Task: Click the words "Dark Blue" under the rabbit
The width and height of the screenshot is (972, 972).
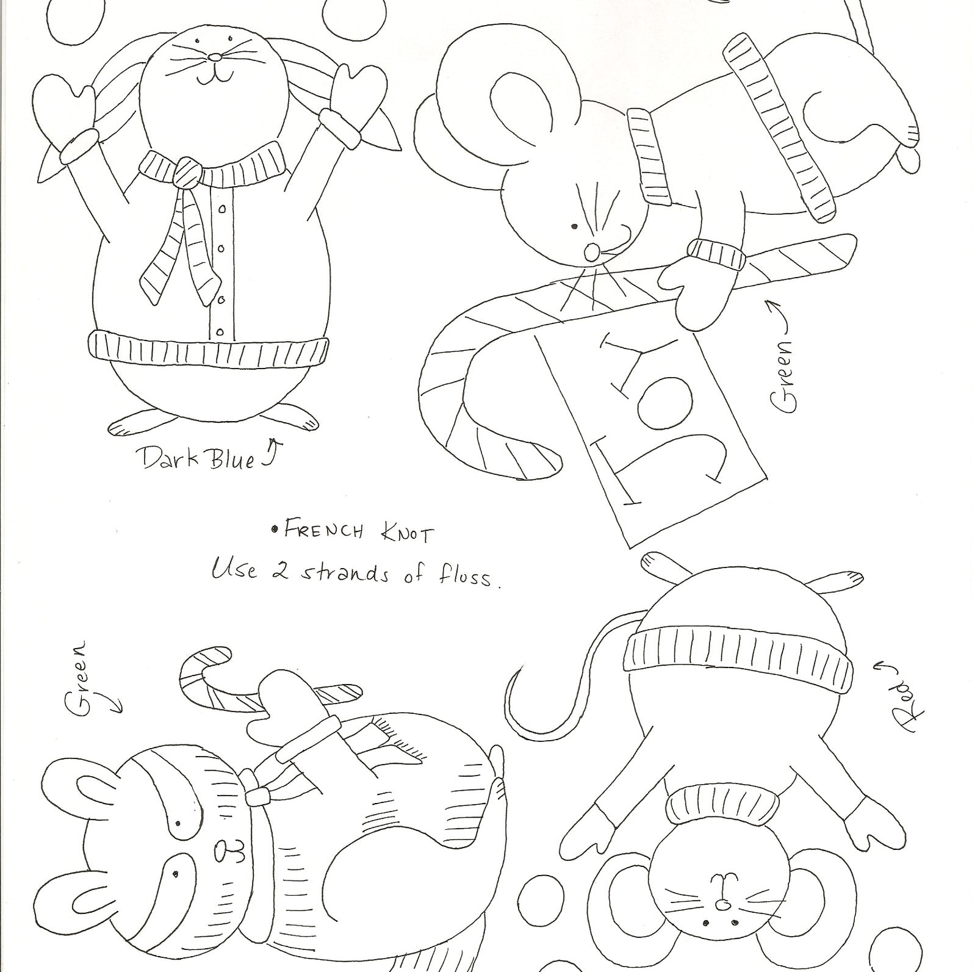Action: click(x=198, y=458)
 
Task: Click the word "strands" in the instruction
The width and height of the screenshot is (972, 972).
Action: click(x=345, y=574)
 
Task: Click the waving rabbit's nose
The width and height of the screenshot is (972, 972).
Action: click(x=215, y=57)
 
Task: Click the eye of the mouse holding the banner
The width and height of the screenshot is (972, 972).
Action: click(x=574, y=226)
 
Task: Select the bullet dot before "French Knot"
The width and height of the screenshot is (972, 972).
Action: click(x=275, y=529)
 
